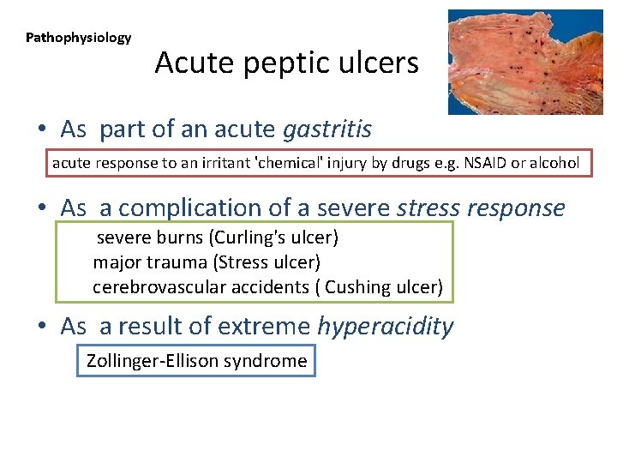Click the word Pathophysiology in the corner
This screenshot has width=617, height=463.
tap(78, 38)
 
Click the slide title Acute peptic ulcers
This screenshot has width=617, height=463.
tap(286, 63)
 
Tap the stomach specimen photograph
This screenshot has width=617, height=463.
tap(525, 62)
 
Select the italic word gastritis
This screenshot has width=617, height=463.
tap(326, 129)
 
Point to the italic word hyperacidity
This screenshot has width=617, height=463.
tap(385, 326)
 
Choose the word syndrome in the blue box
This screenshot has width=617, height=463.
tap(265, 361)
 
